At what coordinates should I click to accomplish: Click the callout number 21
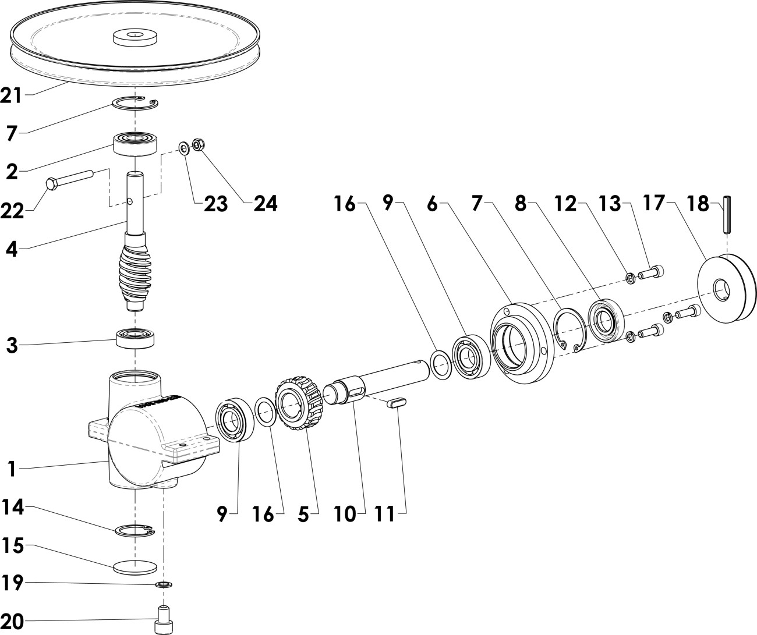coord(11,95)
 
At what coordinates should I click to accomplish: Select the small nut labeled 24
coord(198,145)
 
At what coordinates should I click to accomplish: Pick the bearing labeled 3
coord(135,339)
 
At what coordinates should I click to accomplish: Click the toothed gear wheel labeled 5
coord(298,402)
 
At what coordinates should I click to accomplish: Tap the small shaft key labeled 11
coord(397,403)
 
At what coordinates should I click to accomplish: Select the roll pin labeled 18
coord(727,215)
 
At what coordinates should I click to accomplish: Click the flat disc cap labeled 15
coord(135,567)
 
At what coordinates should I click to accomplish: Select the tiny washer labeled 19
coord(164,584)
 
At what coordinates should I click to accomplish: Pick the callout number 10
coord(345,515)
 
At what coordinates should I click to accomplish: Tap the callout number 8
coord(521,204)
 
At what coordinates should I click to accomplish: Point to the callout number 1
coord(12,469)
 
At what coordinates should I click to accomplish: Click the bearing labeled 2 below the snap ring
coord(136,144)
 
